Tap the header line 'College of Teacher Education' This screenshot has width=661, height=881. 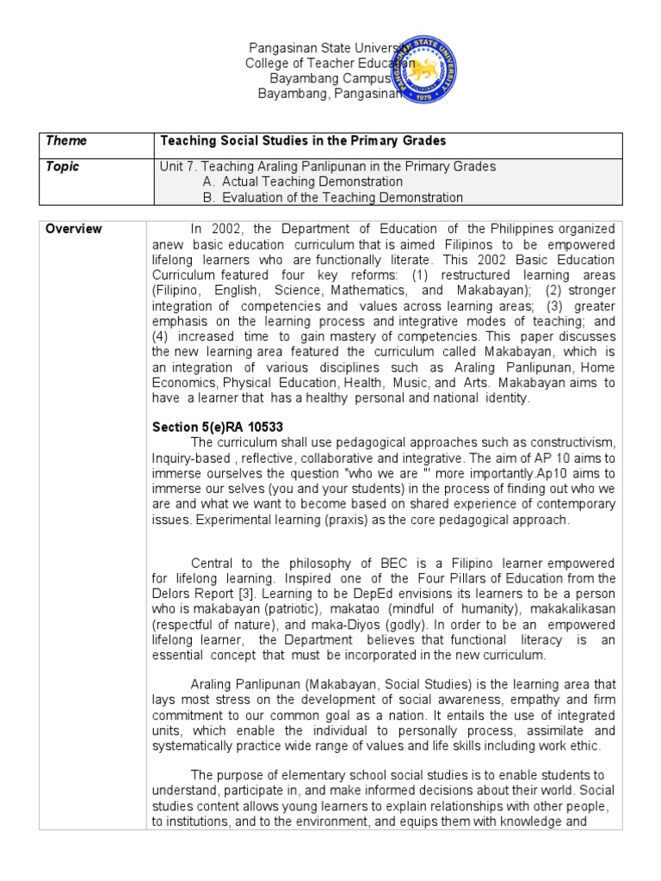[330, 64]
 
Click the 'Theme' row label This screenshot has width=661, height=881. [66, 140]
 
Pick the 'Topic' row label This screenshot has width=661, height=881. [62, 166]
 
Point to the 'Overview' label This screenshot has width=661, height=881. [73, 229]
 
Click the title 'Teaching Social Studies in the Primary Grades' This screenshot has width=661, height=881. [303, 140]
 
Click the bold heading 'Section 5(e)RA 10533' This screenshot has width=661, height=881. [218, 428]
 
